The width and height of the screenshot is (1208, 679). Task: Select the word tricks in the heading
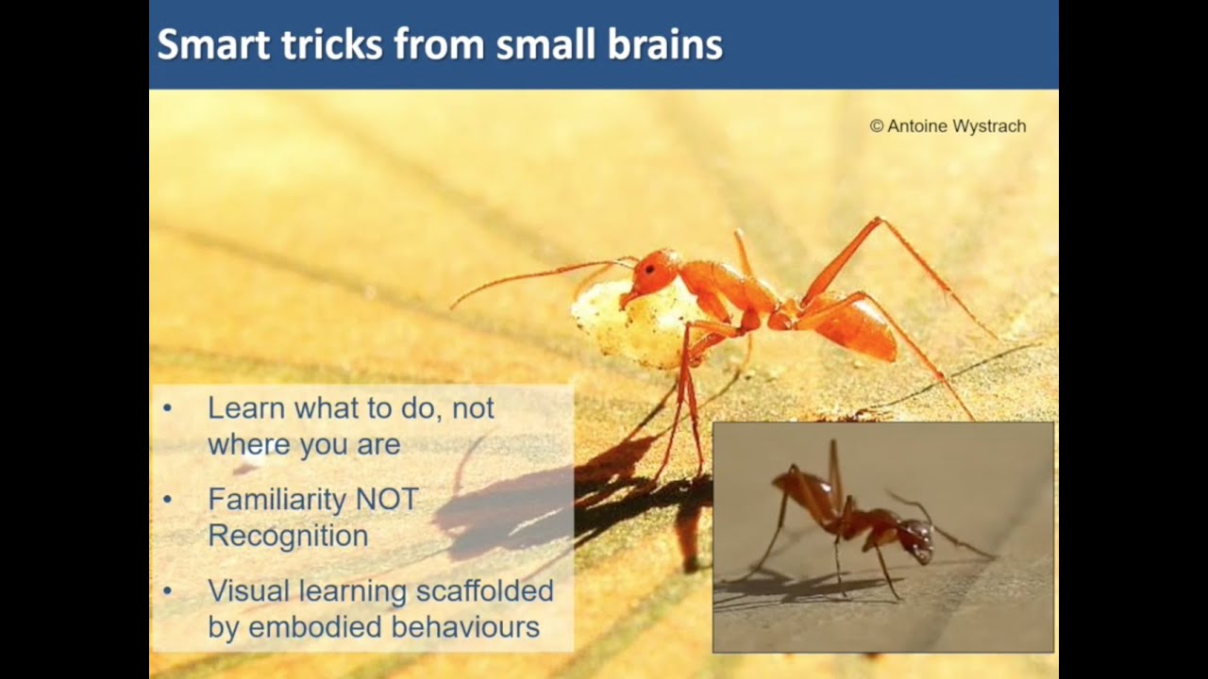[x=330, y=44]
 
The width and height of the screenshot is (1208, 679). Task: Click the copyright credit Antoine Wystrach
[x=948, y=125]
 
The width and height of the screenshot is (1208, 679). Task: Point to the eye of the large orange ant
[x=650, y=269]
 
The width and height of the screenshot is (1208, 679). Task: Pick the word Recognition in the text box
[x=288, y=535]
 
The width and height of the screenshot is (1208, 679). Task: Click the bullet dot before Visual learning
[x=168, y=591]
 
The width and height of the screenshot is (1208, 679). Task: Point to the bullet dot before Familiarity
[x=168, y=499]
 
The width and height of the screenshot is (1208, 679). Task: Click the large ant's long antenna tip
[x=454, y=306]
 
